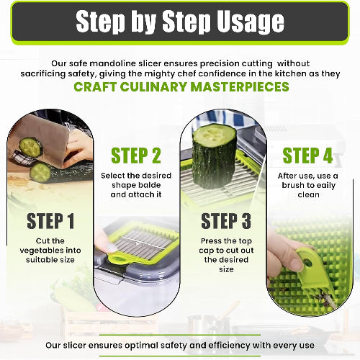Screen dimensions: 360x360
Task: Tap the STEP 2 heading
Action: coord(135,156)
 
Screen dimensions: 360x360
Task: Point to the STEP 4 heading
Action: coord(308,156)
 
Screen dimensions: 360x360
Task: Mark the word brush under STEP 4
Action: coord(295,184)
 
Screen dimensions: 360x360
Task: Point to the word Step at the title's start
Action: coord(108,22)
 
